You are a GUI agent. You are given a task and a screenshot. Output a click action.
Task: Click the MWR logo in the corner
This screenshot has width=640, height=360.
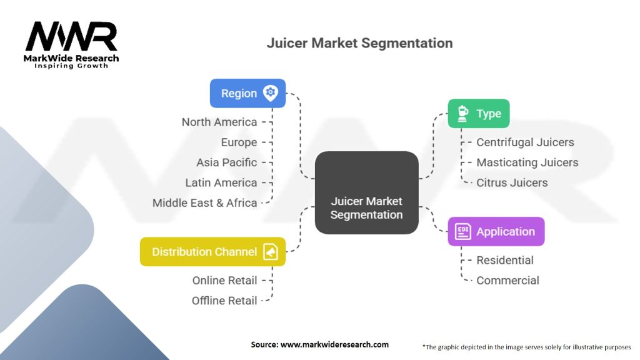tap(71, 44)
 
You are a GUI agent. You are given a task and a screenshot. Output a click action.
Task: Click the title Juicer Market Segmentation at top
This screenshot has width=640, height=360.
tap(359, 43)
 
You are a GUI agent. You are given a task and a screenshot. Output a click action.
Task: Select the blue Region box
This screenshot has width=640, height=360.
tap(247, 93)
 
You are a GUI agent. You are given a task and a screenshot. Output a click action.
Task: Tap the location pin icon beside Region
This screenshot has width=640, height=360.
tap(270, 93)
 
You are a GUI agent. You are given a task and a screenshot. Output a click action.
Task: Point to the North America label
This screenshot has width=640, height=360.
tap(219, 122)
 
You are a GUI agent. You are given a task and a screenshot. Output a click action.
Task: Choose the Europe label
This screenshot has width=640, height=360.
tap(239, 142)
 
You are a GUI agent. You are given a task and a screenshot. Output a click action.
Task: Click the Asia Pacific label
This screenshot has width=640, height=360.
tap(226, 162)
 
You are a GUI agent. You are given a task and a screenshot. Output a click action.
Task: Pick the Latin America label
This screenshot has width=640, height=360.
tap(221, 182)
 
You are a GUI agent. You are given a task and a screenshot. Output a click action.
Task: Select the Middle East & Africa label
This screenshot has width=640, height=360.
tap(205, 202)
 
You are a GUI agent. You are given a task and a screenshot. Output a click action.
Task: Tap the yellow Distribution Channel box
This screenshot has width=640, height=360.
tap(212, 252)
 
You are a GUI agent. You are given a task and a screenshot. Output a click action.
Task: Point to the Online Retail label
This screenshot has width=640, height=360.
tap(224, 281)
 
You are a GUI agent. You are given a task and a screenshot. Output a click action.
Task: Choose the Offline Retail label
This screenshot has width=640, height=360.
tap(224, 301)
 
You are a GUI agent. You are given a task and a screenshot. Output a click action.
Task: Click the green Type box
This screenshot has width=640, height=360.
tap(479, 114)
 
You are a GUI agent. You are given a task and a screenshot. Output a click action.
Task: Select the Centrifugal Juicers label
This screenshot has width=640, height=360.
tap(525, 142)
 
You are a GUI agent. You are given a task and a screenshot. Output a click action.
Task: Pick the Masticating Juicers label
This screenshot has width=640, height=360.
tap(527, 162)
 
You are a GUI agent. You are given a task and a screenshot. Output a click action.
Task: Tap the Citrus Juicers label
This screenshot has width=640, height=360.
tap(512, 182)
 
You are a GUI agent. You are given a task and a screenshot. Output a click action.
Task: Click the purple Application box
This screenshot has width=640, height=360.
tap(496, 231)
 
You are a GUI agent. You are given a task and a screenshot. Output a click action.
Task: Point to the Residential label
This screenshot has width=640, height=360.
tap(505, 260)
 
